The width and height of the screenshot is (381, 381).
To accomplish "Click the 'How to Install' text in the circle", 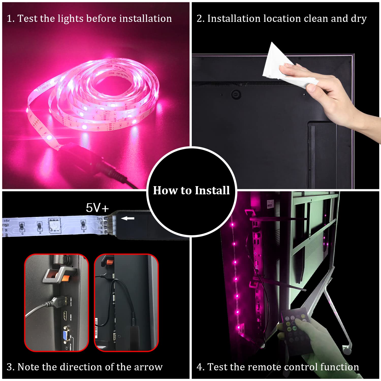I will tap(191, 190).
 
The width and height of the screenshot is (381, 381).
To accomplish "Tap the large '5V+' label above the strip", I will tap(97, 208).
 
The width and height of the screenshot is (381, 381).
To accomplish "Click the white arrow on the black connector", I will tap(128, 218).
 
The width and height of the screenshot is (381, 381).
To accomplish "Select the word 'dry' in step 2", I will tap(359, 19).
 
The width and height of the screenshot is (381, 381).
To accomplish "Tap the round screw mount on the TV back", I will tap(236, 94).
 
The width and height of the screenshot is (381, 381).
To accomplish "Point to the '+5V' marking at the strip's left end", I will tap(7, 221).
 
